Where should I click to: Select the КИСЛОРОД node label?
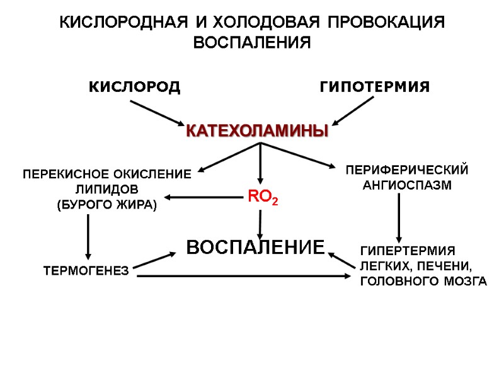134,86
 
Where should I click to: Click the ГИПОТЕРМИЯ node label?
375,86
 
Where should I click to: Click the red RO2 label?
260,197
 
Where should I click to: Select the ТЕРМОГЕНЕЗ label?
86,272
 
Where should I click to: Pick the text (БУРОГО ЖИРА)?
106,205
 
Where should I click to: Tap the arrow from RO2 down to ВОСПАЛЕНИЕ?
260,224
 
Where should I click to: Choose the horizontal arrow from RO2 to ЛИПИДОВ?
202,198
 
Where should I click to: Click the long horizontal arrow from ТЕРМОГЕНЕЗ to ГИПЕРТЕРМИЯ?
246,276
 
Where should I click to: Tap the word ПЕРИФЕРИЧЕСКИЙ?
407,170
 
